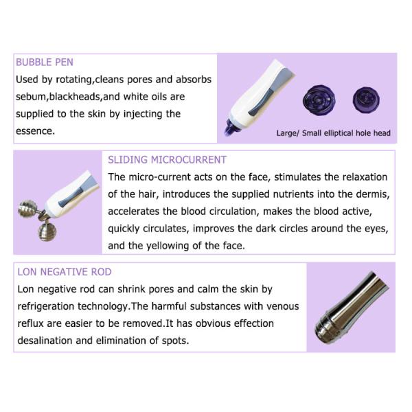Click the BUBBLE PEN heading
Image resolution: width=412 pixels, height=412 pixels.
click(x=45, y=62)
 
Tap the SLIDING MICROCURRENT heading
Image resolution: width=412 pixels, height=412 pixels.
click(x=167, y=160)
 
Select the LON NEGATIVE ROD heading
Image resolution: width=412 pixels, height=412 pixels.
click(x=65, y=272)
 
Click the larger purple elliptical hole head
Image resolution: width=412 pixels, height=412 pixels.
click(x=319, y=100)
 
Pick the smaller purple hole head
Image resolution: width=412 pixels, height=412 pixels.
click(x=366, y=100)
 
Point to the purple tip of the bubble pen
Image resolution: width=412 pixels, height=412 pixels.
click(x=231, y=129)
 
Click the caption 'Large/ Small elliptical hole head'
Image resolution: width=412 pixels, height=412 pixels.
click(x=334, y=133)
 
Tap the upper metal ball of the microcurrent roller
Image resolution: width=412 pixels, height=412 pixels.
click(x=27, y=209)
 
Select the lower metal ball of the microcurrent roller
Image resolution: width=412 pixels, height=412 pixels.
click(x=47, y=231)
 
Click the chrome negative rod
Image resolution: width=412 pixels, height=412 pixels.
click(x=352, y=308)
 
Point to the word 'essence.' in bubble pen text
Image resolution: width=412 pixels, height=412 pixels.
click(x=35, y=131)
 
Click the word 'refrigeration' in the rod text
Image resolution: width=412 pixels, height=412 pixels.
click(x=46, y=306)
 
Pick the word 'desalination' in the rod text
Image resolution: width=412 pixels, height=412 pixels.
click(x=45, y=341)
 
